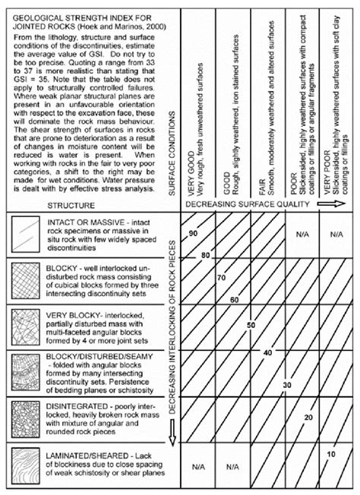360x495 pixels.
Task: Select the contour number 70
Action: click(x=220, y=278)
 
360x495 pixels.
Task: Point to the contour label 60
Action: click(x=235, y=300)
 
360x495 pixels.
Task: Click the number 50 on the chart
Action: click(x=251, y=325)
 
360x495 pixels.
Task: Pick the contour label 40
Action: click(x=267, y=353)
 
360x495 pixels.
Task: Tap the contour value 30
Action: click(x=286, y=386)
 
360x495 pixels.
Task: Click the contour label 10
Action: click(x=331, y=454)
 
